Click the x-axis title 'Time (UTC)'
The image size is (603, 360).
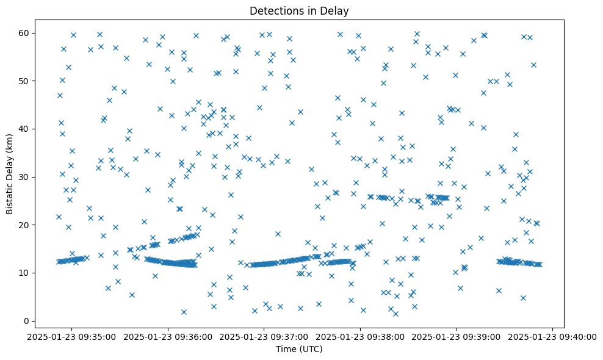click(299, 350)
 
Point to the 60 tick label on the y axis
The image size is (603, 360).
click(29, 33)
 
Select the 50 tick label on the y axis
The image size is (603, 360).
click(29, 81)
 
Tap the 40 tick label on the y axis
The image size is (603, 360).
click(29, 129)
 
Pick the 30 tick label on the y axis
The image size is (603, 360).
click(29, 177)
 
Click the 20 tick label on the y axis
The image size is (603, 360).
click(29, 225)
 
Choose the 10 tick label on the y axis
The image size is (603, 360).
click(29, 273)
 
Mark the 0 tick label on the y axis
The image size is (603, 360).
click(31, 321)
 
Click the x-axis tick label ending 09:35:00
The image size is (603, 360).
click(71, 337)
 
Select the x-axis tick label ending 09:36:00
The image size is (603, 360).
click(168, 337)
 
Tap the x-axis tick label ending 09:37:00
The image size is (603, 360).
click(264, 337)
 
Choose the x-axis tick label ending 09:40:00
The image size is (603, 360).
click(553, 337)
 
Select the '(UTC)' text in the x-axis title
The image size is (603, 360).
click(311, 350)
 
